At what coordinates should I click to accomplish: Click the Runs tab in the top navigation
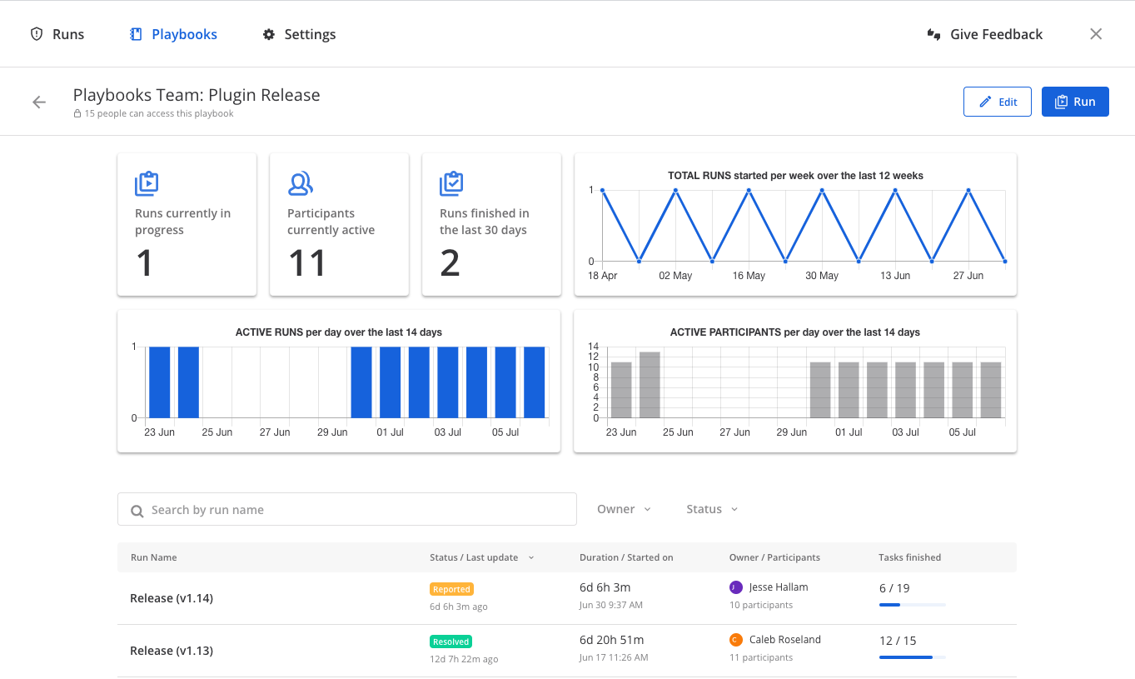click(x=57, y=34)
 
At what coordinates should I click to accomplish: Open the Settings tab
click(x=299, y=34)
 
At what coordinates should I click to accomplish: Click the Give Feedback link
click(x=985, y=34)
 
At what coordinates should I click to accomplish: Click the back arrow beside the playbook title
click(x=39, y=102)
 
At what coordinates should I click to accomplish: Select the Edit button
click(x=997, y=102)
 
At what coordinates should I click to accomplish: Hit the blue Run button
click(x=1074, y=102)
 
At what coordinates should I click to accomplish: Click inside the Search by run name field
click(x=346, y=509)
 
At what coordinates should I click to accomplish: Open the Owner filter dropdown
click(x=624, y=509)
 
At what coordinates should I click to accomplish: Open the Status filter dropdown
click(x=712, y=509)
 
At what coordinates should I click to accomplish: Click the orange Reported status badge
click(x=451, y=589)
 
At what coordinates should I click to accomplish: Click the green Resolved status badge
click(x=451, y=642)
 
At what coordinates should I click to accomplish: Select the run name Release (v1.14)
click(x=172, y=598)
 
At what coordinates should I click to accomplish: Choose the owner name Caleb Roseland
click(x=784, y=640)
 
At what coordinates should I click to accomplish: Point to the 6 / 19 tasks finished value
click(x=894, y=588)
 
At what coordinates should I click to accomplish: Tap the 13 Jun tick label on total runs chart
click(x=895, y=276)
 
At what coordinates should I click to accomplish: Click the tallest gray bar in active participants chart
click(x=650, y=385)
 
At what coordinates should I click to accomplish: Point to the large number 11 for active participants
click(x=306, y=263)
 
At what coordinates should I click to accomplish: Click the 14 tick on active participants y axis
click(x=593, y=347)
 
